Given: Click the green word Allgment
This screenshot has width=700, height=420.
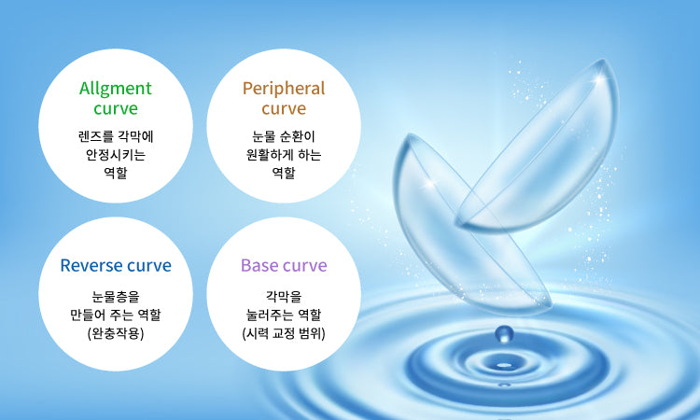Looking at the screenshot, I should pyautogui.click(x=115, y=89).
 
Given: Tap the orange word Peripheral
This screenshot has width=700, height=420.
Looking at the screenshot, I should pyautogui.click(x=284, y=89).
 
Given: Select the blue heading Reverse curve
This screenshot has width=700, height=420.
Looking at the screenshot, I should pyautogui.click(x=116, y=265).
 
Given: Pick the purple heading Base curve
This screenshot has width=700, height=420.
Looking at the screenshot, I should pyautogui.click(x=284, y=265).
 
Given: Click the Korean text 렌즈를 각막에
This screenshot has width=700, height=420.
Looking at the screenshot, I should pyautogui.click(x=116, y=136).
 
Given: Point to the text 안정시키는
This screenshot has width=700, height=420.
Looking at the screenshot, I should pyautogui.click(x=116, y=154).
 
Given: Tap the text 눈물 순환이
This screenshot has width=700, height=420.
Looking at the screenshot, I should pyautogui.click(x=284, y=136).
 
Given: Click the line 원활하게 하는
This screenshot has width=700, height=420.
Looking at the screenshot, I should pyautogui.click(x=284, y=154).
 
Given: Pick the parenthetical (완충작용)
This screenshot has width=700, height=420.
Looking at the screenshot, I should pyautogui.click(x=116, y=333).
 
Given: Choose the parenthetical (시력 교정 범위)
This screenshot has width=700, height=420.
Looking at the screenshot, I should pyautogui.click(x=284, y=333).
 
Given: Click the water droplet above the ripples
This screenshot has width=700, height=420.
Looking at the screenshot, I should pyautogui.click(x=504, y=333).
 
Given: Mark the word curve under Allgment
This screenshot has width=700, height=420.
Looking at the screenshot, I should pyautogui.click(x=116, y=109).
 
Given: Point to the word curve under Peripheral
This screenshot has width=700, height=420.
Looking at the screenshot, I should pyautogui.click(x=284, y=109).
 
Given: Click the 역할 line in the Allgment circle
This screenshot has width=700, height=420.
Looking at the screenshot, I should pyautogui.click(x=116, y=172).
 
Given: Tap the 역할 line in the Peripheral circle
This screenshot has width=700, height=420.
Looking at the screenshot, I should pyautogui.click(x=284, y=172).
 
